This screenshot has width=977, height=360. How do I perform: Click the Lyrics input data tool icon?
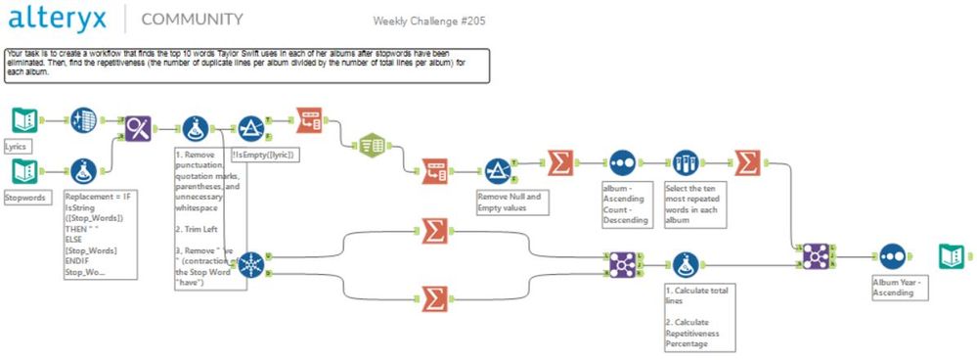[23, 120]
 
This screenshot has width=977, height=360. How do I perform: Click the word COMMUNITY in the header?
[193, 20]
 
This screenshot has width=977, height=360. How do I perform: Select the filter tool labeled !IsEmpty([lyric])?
[251, 128]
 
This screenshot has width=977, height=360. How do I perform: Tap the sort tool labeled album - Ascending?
[623, 162]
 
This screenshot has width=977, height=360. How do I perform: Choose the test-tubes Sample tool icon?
[685, 162]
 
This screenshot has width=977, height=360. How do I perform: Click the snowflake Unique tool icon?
[250, 264]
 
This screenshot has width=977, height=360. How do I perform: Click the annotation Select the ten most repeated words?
[693, 204]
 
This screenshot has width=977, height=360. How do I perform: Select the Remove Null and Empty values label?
[510, 202]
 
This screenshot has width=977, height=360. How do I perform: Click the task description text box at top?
[244, 64]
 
